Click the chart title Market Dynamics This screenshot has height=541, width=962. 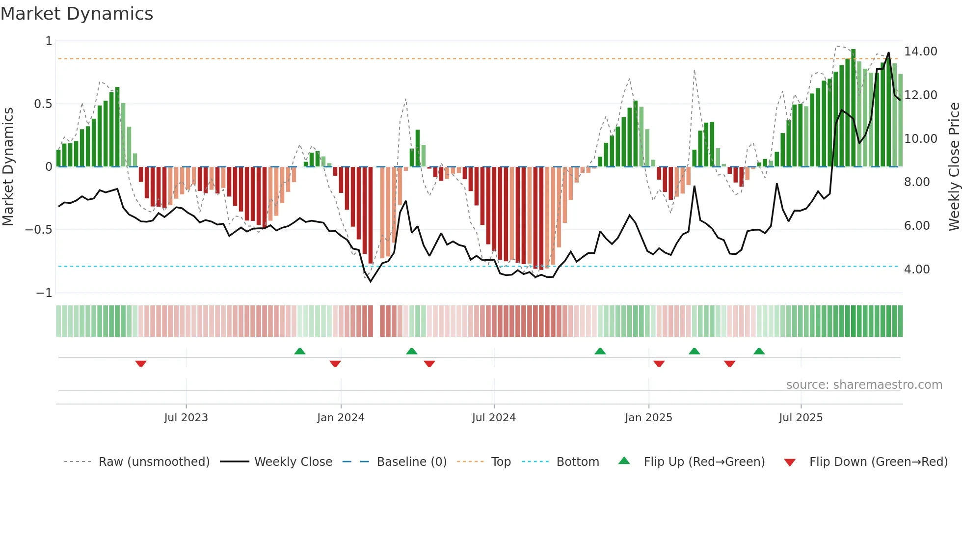click(77, 14)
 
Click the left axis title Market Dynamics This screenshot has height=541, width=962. click(8, 166)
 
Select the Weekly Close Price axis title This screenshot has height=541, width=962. click(954, 166)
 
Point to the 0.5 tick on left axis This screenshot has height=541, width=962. click(43, 104)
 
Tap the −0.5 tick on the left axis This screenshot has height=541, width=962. click(39, 230)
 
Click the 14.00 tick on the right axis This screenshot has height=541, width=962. click(920, 52)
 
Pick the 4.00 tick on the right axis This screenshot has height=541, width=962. click(916, 270)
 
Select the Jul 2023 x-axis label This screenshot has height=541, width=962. click(186, 418)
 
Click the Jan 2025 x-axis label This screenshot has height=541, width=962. click(648, 418)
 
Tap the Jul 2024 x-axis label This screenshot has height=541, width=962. click(494, 418)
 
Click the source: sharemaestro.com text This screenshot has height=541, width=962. click(864, 385)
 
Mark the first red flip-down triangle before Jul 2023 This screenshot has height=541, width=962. click(141, 364)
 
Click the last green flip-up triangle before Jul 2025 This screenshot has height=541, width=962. click(759, 351)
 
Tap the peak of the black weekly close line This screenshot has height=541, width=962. click(888, 53)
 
